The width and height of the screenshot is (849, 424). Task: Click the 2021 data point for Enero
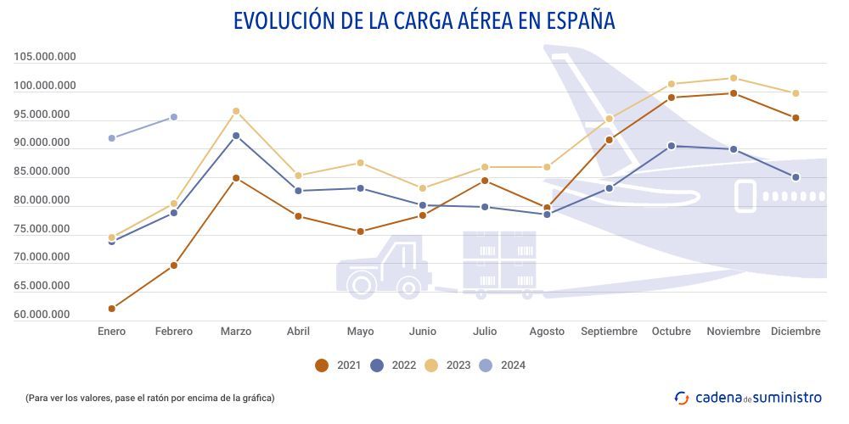click(x=112, y=308)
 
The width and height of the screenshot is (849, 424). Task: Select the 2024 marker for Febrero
click(x=173, y=117)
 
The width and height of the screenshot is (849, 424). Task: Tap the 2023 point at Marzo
click(x=236, y=111)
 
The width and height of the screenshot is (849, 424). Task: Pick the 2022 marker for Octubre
click(x=672, y=146)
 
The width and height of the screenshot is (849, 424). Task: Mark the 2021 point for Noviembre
click(x=734, y=93)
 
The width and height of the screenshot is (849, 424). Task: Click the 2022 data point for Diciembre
click(x=796, y=177)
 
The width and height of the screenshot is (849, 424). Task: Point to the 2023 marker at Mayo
click(x=360, y=163)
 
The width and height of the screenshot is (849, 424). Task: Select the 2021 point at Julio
click(x=485, y=181)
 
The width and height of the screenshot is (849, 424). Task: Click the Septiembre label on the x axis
click(x=609, y=332)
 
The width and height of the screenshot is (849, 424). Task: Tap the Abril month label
click(x=298, y=332)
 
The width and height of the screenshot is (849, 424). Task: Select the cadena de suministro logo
click(x=748, y=397)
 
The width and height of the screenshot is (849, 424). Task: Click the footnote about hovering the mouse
click(x=150, y=397)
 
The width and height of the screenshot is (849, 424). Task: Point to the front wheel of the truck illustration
click(x=361, y=286)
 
